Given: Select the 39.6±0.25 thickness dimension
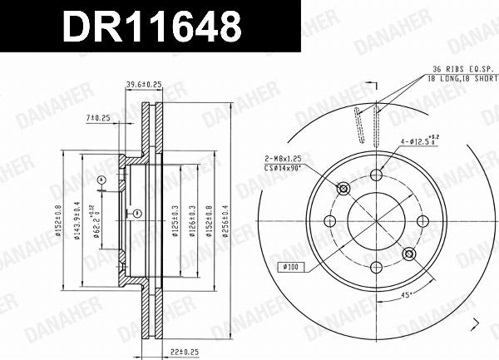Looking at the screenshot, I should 143,84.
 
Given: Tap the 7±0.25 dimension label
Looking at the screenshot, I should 98,119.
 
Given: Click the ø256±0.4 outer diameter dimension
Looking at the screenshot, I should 225,219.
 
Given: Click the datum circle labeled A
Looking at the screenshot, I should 101,180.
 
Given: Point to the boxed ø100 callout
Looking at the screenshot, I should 290,268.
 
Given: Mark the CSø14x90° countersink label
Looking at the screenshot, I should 286,166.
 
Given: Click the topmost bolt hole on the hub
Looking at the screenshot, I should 376,175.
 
